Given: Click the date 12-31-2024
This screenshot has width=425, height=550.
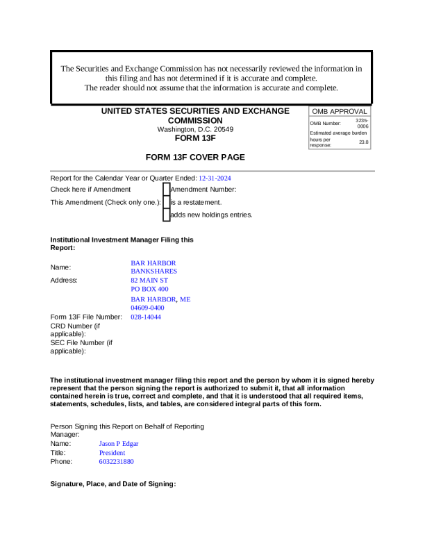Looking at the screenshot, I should pyautogui.click(x=215, y=178).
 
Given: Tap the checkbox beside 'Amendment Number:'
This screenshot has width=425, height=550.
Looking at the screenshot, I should pyautogui.click(x=166, y=189).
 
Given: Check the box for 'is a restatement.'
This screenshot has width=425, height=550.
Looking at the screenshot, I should pyautogui.click(x=166, y=202).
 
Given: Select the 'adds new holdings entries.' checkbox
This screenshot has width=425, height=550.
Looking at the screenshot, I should pyautogui.click(x=166, y=215).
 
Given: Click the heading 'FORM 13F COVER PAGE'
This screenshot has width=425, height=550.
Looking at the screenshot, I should pyautogui.click(x=195, y=158).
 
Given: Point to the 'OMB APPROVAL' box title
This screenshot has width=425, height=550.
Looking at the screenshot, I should pyautogui.click(x=340, y=111).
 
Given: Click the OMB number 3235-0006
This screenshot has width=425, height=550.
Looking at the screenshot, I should pyautogui.click(x=362, y=124).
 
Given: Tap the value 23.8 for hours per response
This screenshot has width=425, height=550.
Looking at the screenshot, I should pyautogui.click(x=363, y=142).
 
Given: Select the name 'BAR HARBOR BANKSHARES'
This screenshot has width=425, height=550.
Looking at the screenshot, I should pyautogui.click(x=153, y=267).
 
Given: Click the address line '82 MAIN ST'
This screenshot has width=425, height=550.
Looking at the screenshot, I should pyautogui.click(x=149, y=281).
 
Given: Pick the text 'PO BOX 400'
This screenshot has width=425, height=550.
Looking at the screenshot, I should pyautogui.click(x=149, y=289).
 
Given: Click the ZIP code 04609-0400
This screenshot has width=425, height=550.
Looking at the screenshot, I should pyautogui.click(x=147, y=308).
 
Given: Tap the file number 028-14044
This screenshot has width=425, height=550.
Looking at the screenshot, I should pyautogui.click(x=146, y=317).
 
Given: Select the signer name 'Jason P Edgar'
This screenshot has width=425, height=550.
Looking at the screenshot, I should pyautogui.click(x=119, y=443).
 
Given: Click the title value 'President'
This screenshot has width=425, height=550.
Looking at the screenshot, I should pyautogui.click(x=112, y=452).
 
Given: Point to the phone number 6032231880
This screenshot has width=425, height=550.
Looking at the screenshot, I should pyautogui.click(x=117, y=461).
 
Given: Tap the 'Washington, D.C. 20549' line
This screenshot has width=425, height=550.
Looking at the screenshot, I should pyautogui.click(x=195, y=129).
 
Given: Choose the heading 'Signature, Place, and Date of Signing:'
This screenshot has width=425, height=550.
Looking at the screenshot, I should pyautogui.click(x=113, y=483).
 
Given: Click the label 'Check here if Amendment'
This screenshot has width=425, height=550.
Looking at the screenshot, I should pyautogui.click(x=90, y=189).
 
